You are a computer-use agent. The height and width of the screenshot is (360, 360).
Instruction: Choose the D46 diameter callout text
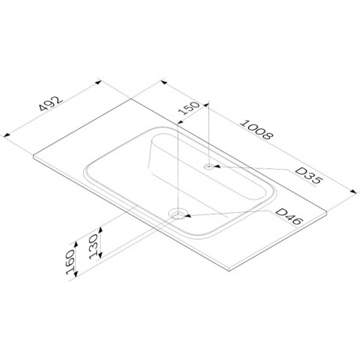click(x=286, y=220)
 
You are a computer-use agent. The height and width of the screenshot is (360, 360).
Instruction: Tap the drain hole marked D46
click(x=180, y=212)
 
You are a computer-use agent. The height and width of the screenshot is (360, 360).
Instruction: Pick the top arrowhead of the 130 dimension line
click(x=99, y=232)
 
